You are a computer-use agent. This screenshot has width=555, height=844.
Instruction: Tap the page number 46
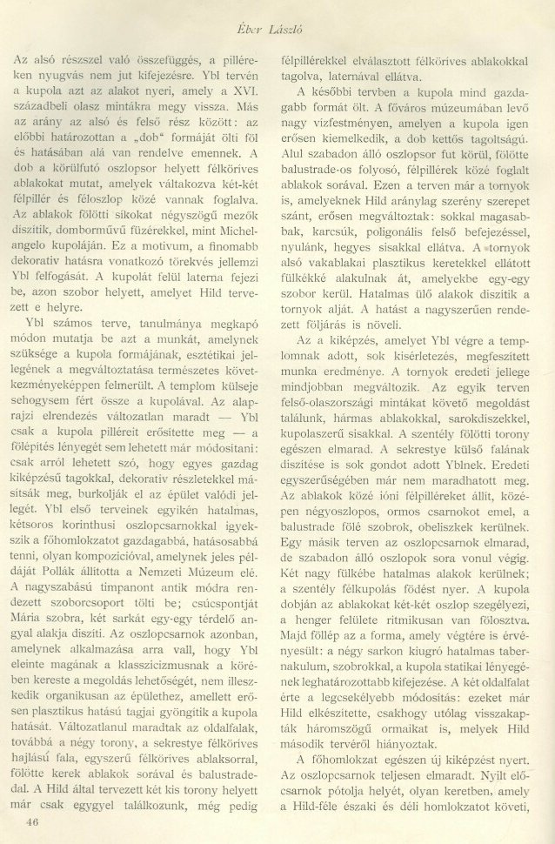(x=34, y=821)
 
